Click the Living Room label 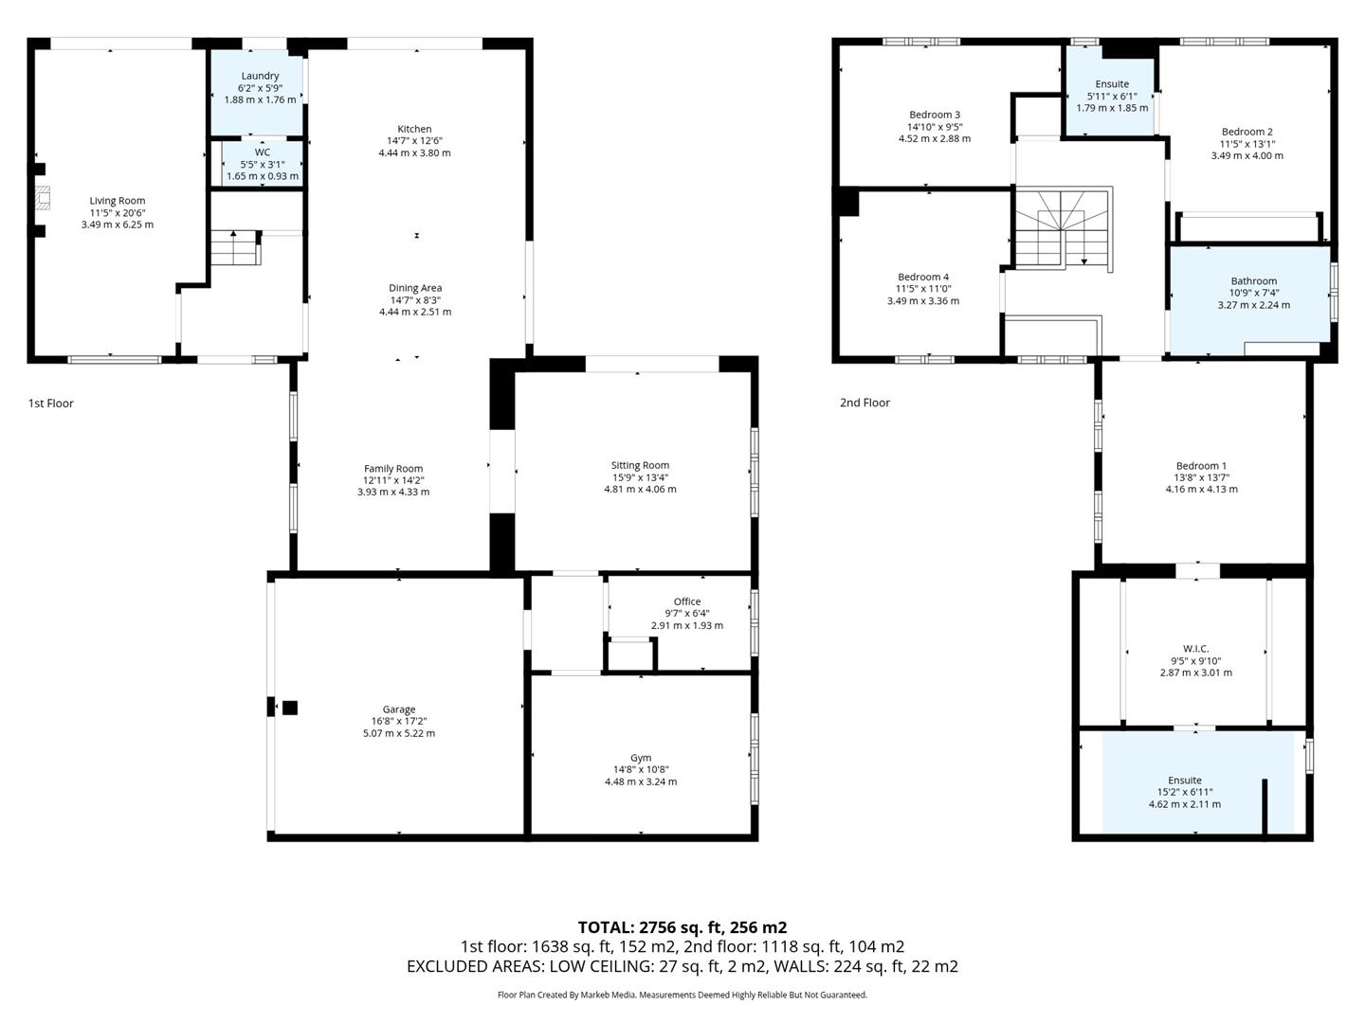click(x=118, y=201)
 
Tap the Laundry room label click(x=260, y=76)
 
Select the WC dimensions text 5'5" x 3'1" click(x=262, y=164)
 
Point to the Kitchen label click(x=414, y=129)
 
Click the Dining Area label click(x=415, y=288)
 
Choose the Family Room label click(x=393, y=469)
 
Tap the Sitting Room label click(x=640, y=465)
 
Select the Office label click(x=687, y=601)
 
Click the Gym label click(x=641, y=758)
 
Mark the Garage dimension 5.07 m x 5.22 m click(x=399, y=733)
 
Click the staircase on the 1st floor click(x=234, y=248)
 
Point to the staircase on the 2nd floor click(x=1062, y=227)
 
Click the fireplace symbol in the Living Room click(x=41, y=199)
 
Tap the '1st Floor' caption click(x=51, y=404)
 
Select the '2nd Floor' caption click(x=864, y=403)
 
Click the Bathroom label click(x=1253, y=281)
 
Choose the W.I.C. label click(x=1196, y=649)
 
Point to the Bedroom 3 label click(x=935, y=115)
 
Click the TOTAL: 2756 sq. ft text click(x=682, y=927)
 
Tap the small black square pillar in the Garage click(x=290, y=708)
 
